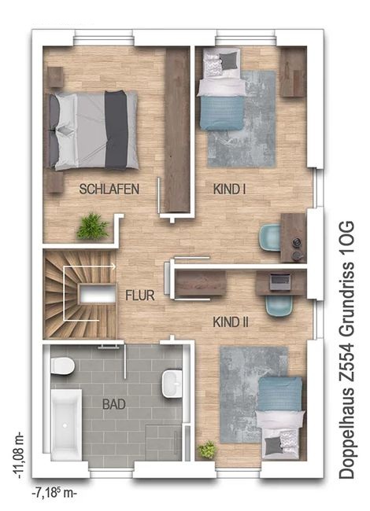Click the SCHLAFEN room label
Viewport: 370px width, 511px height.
coord(109,189)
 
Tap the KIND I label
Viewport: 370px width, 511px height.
coord(229,189)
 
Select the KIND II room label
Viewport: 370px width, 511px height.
coord(231,322)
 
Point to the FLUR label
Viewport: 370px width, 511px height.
coord(140,296)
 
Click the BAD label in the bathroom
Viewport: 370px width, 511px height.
coord(114,404)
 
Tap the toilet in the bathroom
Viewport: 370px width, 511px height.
coord(63,366)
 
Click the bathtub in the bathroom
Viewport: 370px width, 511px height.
coord(66,424)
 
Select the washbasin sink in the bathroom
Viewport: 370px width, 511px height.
coord(172,384)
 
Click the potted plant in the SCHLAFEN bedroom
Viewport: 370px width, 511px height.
coord(92,226)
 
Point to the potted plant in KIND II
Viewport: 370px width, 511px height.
coord(207,450)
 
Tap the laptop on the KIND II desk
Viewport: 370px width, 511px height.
coord(280,281)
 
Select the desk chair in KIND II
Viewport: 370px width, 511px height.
coord(279,306)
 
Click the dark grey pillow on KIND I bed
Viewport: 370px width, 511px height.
coord(228,61)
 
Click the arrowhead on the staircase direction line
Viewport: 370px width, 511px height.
coord(113,267)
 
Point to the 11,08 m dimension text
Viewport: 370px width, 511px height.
coord(19,455)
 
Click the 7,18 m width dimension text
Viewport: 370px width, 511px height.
coord(54,493)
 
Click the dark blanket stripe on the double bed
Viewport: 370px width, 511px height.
coord(116,130)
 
